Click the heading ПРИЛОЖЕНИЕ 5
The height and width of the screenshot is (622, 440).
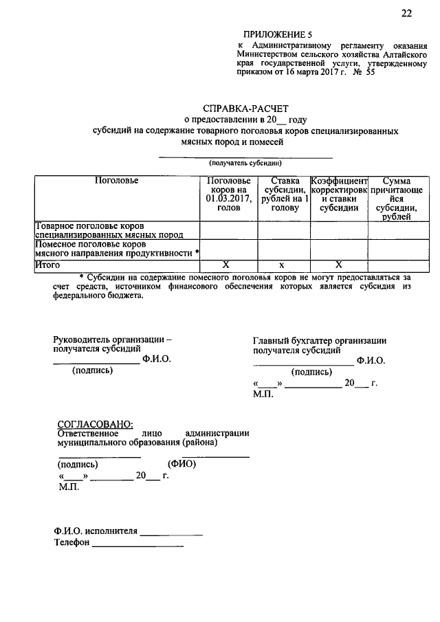point(277,34)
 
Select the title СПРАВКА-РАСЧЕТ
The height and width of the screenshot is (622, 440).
point(246,108)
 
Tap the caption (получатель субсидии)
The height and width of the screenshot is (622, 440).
point(246,164)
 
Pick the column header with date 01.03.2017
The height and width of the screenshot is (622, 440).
point(228,195)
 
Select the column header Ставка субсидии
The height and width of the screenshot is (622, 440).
point(284,195)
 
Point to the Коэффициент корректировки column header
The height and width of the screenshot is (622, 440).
point(340,195)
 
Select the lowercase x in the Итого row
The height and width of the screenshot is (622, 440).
point(283,265)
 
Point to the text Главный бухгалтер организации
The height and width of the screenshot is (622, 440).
point(319,340)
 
